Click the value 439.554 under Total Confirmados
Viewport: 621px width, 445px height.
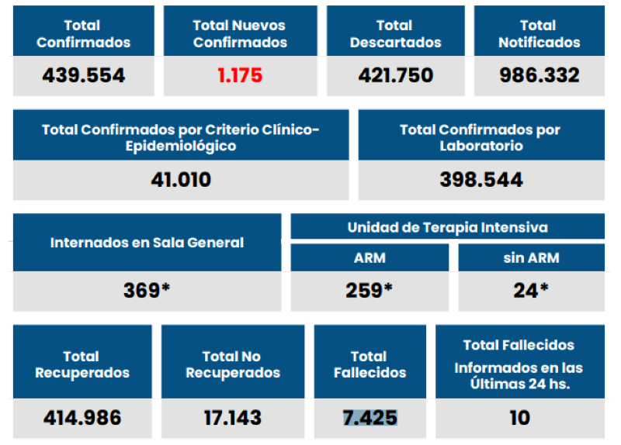(83, 75)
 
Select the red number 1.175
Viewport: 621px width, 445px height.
(240, 75)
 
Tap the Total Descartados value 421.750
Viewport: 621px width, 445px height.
(395, 75)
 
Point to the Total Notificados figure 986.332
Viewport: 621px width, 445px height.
(539, 75)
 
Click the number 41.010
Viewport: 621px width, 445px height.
(181, 180)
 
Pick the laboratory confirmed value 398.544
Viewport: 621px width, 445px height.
(480, 180)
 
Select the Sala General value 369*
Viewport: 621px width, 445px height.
(147, 291)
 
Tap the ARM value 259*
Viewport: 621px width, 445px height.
(369, 291)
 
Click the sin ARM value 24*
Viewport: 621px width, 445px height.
(531, 291)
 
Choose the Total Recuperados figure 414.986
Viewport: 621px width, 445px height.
(82, 418)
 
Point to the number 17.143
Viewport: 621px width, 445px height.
(232, 418)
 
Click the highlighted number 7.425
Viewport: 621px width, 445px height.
(370, 418)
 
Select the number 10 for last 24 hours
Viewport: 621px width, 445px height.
(519, 418)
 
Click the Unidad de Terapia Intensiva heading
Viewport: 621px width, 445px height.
(447, 227)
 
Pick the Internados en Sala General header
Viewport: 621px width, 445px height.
(147, 243)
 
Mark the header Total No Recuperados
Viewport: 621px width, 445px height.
(232, 364)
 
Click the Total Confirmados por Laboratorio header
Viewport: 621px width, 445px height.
(480, 137)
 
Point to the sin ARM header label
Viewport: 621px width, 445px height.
(531, 258)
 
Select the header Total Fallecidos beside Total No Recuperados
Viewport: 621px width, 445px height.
(369, 364)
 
